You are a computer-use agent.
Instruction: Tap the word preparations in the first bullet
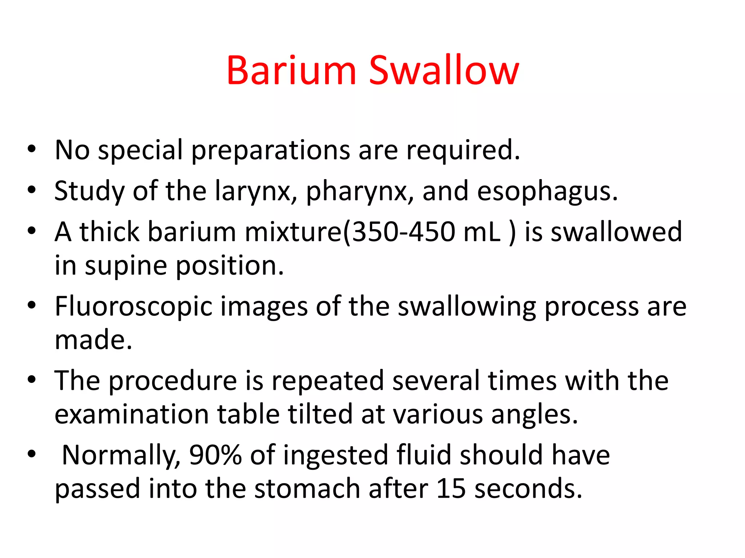(270, 150)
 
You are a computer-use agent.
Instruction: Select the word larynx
(253, 191)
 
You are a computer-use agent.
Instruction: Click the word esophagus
(547, 191)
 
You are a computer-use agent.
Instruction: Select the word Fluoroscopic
(133, 307)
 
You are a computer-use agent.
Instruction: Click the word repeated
(327, 381)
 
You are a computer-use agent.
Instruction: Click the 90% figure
(215, 455)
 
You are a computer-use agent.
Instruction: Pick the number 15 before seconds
(451, 489)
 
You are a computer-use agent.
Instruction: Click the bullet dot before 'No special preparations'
(32, 149)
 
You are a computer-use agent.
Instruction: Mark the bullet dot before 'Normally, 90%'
(32, 454)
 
